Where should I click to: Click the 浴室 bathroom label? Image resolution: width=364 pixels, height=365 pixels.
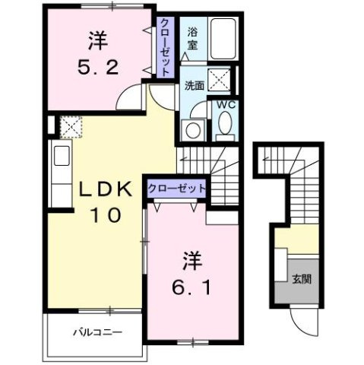[x=193, y=39]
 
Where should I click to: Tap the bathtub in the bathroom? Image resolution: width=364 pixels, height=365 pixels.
[x=222, y=36]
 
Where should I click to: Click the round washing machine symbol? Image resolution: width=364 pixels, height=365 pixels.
[x=194, y=129]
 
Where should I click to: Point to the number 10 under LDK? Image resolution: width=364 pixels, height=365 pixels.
[x=106, y=215]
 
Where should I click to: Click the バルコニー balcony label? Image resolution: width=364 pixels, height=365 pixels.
[x=98, y=332]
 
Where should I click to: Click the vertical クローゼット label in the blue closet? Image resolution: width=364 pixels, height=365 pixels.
[x=164, y=46]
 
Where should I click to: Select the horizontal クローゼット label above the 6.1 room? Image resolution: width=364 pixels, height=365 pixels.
[x=177, y=188]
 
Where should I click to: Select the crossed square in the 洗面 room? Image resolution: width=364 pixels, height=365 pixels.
[x=222, y=79]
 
